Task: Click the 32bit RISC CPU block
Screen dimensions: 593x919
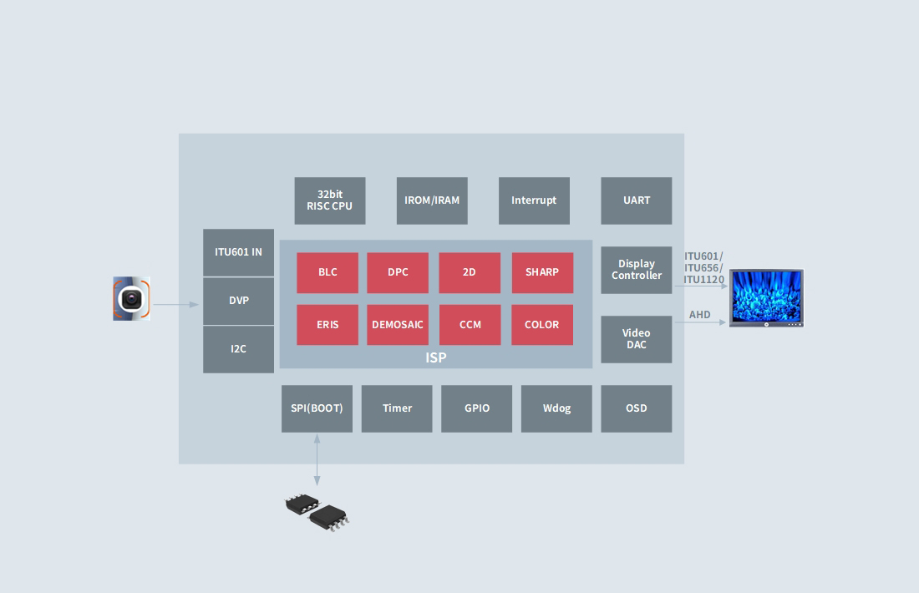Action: point(330,200)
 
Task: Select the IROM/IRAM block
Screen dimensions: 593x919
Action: point(432,200)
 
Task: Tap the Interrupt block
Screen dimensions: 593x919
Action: point(534,200)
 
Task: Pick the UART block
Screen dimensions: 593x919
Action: point(636,200)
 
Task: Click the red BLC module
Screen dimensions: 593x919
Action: point(327,272)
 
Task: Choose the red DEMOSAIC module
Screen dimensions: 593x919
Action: point(398,325)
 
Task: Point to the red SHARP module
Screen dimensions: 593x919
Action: point(542,272)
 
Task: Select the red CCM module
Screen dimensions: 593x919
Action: point(470,325)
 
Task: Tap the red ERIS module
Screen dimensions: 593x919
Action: point(327,325)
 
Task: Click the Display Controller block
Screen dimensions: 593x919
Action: point(636,270)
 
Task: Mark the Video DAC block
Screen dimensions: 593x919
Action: point(636,339)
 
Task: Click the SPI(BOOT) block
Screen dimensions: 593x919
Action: point(317,408)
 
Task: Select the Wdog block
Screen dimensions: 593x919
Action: point(556,408)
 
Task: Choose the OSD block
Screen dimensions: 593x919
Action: point(636,408)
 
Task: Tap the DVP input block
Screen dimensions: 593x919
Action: point(238,301)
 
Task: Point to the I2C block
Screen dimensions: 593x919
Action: point(238,349)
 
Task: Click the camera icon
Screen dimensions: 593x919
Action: point(132,299)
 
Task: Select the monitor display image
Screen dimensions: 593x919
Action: point(765,297)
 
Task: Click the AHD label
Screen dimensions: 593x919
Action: point(699,315)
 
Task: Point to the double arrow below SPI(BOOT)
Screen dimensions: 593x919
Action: point(317,459)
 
